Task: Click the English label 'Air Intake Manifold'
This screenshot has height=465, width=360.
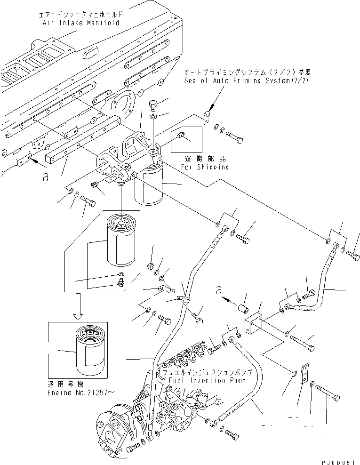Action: (80, 23)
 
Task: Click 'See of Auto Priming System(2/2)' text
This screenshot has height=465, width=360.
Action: (247, 81)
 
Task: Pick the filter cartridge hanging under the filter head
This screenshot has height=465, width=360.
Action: (149, 184)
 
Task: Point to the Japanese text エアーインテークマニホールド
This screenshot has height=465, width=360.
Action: (81, 15)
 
